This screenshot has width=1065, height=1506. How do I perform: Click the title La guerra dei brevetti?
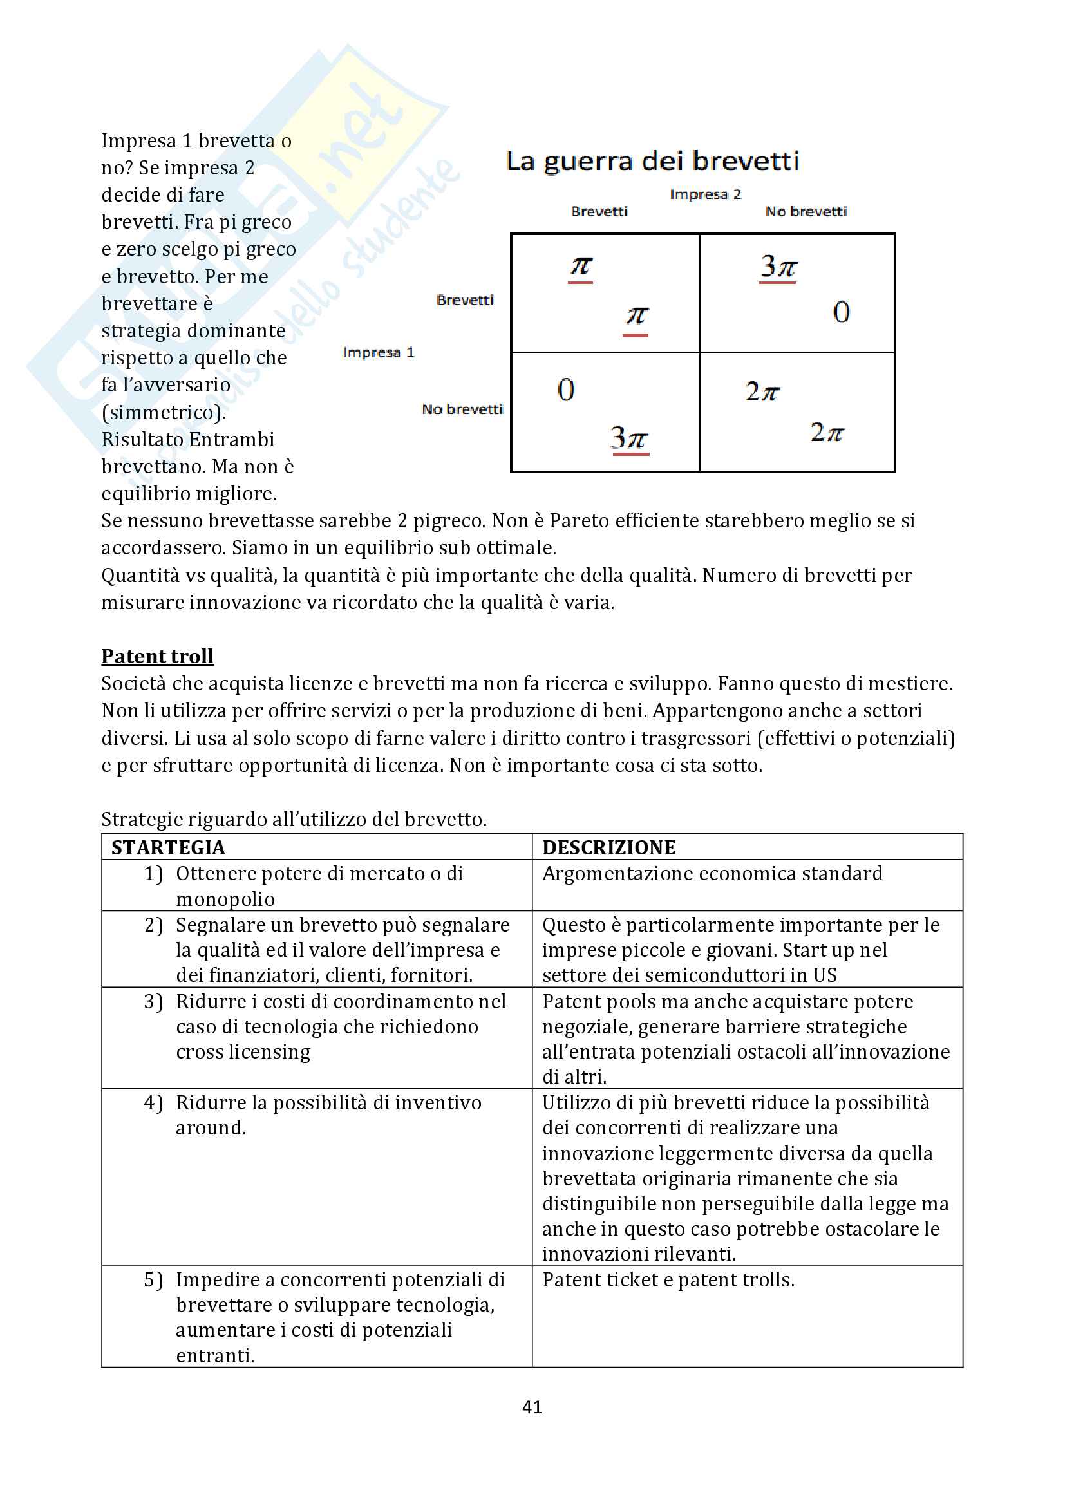click(x=652, y=162)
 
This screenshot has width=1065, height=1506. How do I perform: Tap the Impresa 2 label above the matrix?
click(x=705, y=194)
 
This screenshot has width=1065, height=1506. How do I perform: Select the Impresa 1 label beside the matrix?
click(x=379, y=353)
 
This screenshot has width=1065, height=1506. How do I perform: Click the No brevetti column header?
click(x=806, y=212)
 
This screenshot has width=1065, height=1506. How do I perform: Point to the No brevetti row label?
click(x=462, y=409)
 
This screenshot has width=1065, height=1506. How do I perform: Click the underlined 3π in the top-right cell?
click(x=778, y=267)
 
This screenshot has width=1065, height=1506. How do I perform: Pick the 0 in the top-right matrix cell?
click(x=842, y=312)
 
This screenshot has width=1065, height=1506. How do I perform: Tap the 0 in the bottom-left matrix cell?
click(x=566, y=390)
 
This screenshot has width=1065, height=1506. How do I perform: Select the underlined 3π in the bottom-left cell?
click(x=629, y=437)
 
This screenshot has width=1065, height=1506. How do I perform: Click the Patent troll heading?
click(x=157, y=656)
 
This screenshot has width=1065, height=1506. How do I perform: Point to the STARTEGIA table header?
click(x=168, y=847)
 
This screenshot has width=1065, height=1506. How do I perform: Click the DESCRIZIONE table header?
click(x=608, y=847)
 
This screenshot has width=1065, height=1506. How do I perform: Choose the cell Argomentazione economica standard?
click(x=712, y=874)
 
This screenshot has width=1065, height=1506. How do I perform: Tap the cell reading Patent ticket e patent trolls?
click(x=668, y=1280)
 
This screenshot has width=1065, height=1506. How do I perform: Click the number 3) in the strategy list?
click(x=153, y=1002)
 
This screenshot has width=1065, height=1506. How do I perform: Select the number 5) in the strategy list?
click(x=153, y=1280)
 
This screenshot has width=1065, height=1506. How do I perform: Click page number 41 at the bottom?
click(x=532, y=1407)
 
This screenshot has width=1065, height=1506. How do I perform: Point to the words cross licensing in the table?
click(x=243, y=1052)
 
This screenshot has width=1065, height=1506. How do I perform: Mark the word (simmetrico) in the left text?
click(x=164, y=413)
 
